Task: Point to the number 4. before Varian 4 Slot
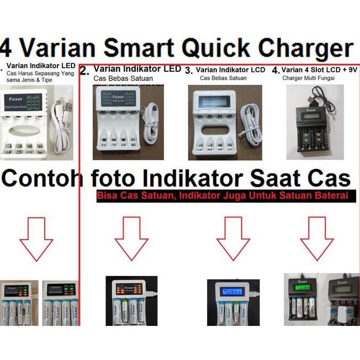pyautogui.click(x=275, y=70)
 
